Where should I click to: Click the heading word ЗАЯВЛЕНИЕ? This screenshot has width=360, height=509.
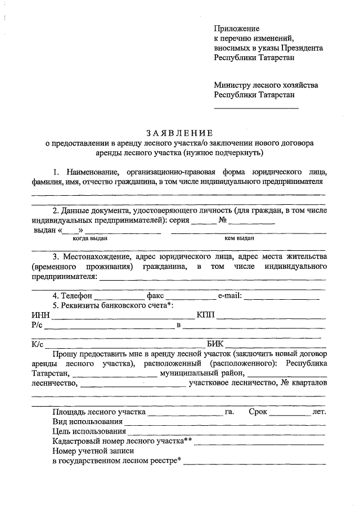(179, 133)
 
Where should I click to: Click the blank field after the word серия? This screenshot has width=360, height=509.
(203, 222)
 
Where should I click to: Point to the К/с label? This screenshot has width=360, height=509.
(37, 345)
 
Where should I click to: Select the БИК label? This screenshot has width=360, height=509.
(215, 345)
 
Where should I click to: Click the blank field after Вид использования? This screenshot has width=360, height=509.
(224, 424)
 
